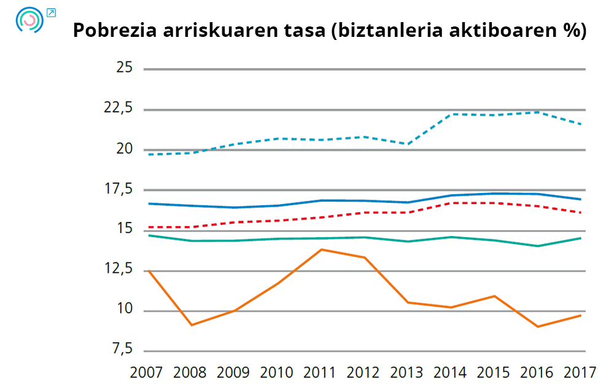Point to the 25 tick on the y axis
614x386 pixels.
tap(124, 68)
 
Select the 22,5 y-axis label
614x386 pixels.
tap(119, 108)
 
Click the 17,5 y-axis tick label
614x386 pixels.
tap(119, 189)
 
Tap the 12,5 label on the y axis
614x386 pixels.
tap(119, 269)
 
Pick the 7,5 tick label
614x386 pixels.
tap(122, 350)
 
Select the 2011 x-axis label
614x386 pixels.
tap(320, 372)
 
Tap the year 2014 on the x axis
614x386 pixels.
tap(451, 372)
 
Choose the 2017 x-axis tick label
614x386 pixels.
tap(580, 372)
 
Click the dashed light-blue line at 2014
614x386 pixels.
tap(451, 114)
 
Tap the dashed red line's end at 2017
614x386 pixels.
tap(580, 213)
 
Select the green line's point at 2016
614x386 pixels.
tap(538, 246)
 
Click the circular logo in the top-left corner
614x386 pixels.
tap(29, 20)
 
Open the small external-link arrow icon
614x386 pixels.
tap(51, 12)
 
